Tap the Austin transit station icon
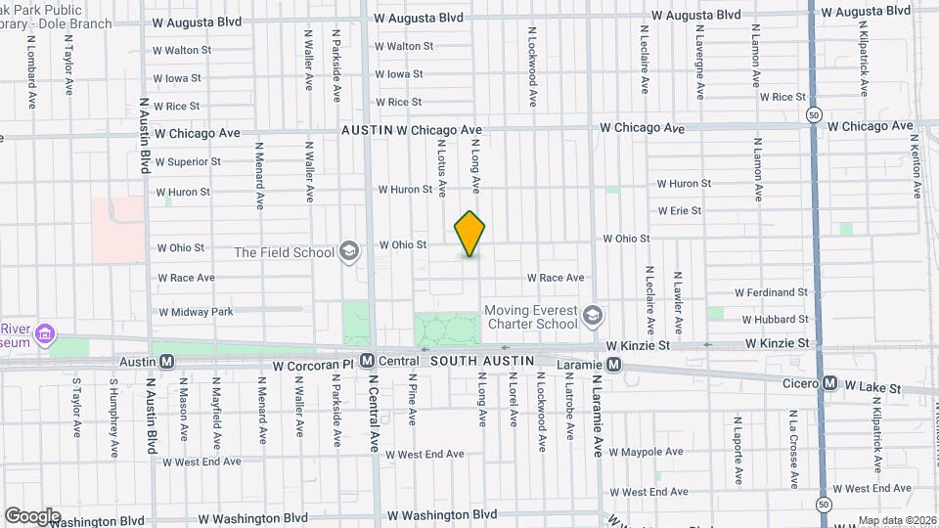tap(166, 362)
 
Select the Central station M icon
tap(367, 362)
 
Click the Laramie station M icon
tap(614, 365)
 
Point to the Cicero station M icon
tap(829, 383)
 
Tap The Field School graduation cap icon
tap(347, 252)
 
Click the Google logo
tap(32, 515)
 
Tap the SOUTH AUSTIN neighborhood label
tap(483, 361)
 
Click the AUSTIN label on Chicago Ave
tap(367, 129)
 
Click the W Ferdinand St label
tap(772, 291)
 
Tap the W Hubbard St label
tap(776, 319)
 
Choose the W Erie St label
tap(679, 210)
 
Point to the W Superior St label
tap(188, 161)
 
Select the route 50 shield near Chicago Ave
tap(814, 115)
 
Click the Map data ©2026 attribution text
tap(895, 520)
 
